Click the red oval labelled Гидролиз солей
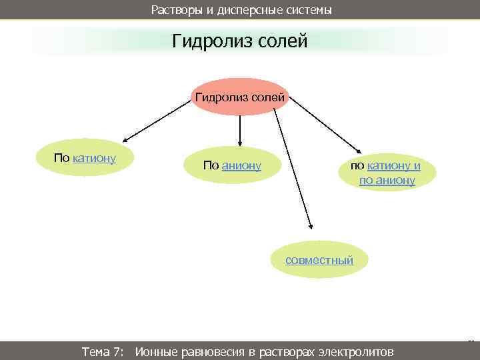coord(240,98)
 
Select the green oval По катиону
coord(85,159)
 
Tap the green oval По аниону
coord(232,165)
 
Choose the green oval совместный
coord(319,260)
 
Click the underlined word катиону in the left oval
coord(94,158)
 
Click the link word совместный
coord(319,260)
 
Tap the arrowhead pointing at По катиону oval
coord(125,141)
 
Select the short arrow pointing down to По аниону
coord(240,133)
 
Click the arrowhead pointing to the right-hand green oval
coord(357,151)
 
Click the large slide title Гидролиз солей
coord(240,42)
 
